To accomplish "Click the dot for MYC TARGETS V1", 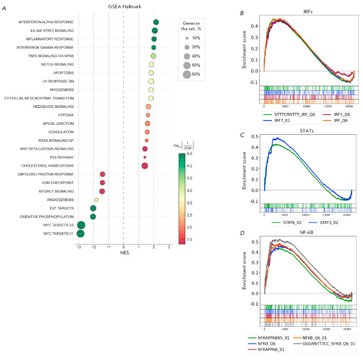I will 80,234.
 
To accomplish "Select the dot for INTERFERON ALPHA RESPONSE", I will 156,22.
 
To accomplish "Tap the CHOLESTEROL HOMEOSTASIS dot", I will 144,166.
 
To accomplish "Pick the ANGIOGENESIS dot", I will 96,200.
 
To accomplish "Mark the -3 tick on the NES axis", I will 79,247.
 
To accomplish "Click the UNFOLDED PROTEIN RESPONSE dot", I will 102,174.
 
